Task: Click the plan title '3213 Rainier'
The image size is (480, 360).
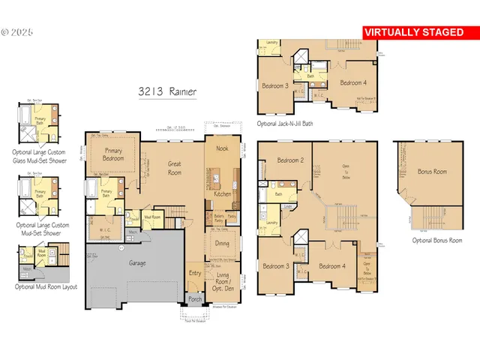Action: click(x=166, y=91)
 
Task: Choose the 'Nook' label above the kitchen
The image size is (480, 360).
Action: click(x=223, y=148)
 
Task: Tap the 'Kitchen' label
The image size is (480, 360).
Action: click(x=223, y=194)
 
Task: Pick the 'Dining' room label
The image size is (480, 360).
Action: click(x=223, y=244)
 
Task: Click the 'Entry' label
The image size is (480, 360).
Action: click(x=195, y=273)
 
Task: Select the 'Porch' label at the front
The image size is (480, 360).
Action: click(x=195, y=299)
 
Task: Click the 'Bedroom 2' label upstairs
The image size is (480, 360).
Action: click(x=289, y=160)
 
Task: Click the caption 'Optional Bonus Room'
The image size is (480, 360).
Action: click(x=437, y=240)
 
